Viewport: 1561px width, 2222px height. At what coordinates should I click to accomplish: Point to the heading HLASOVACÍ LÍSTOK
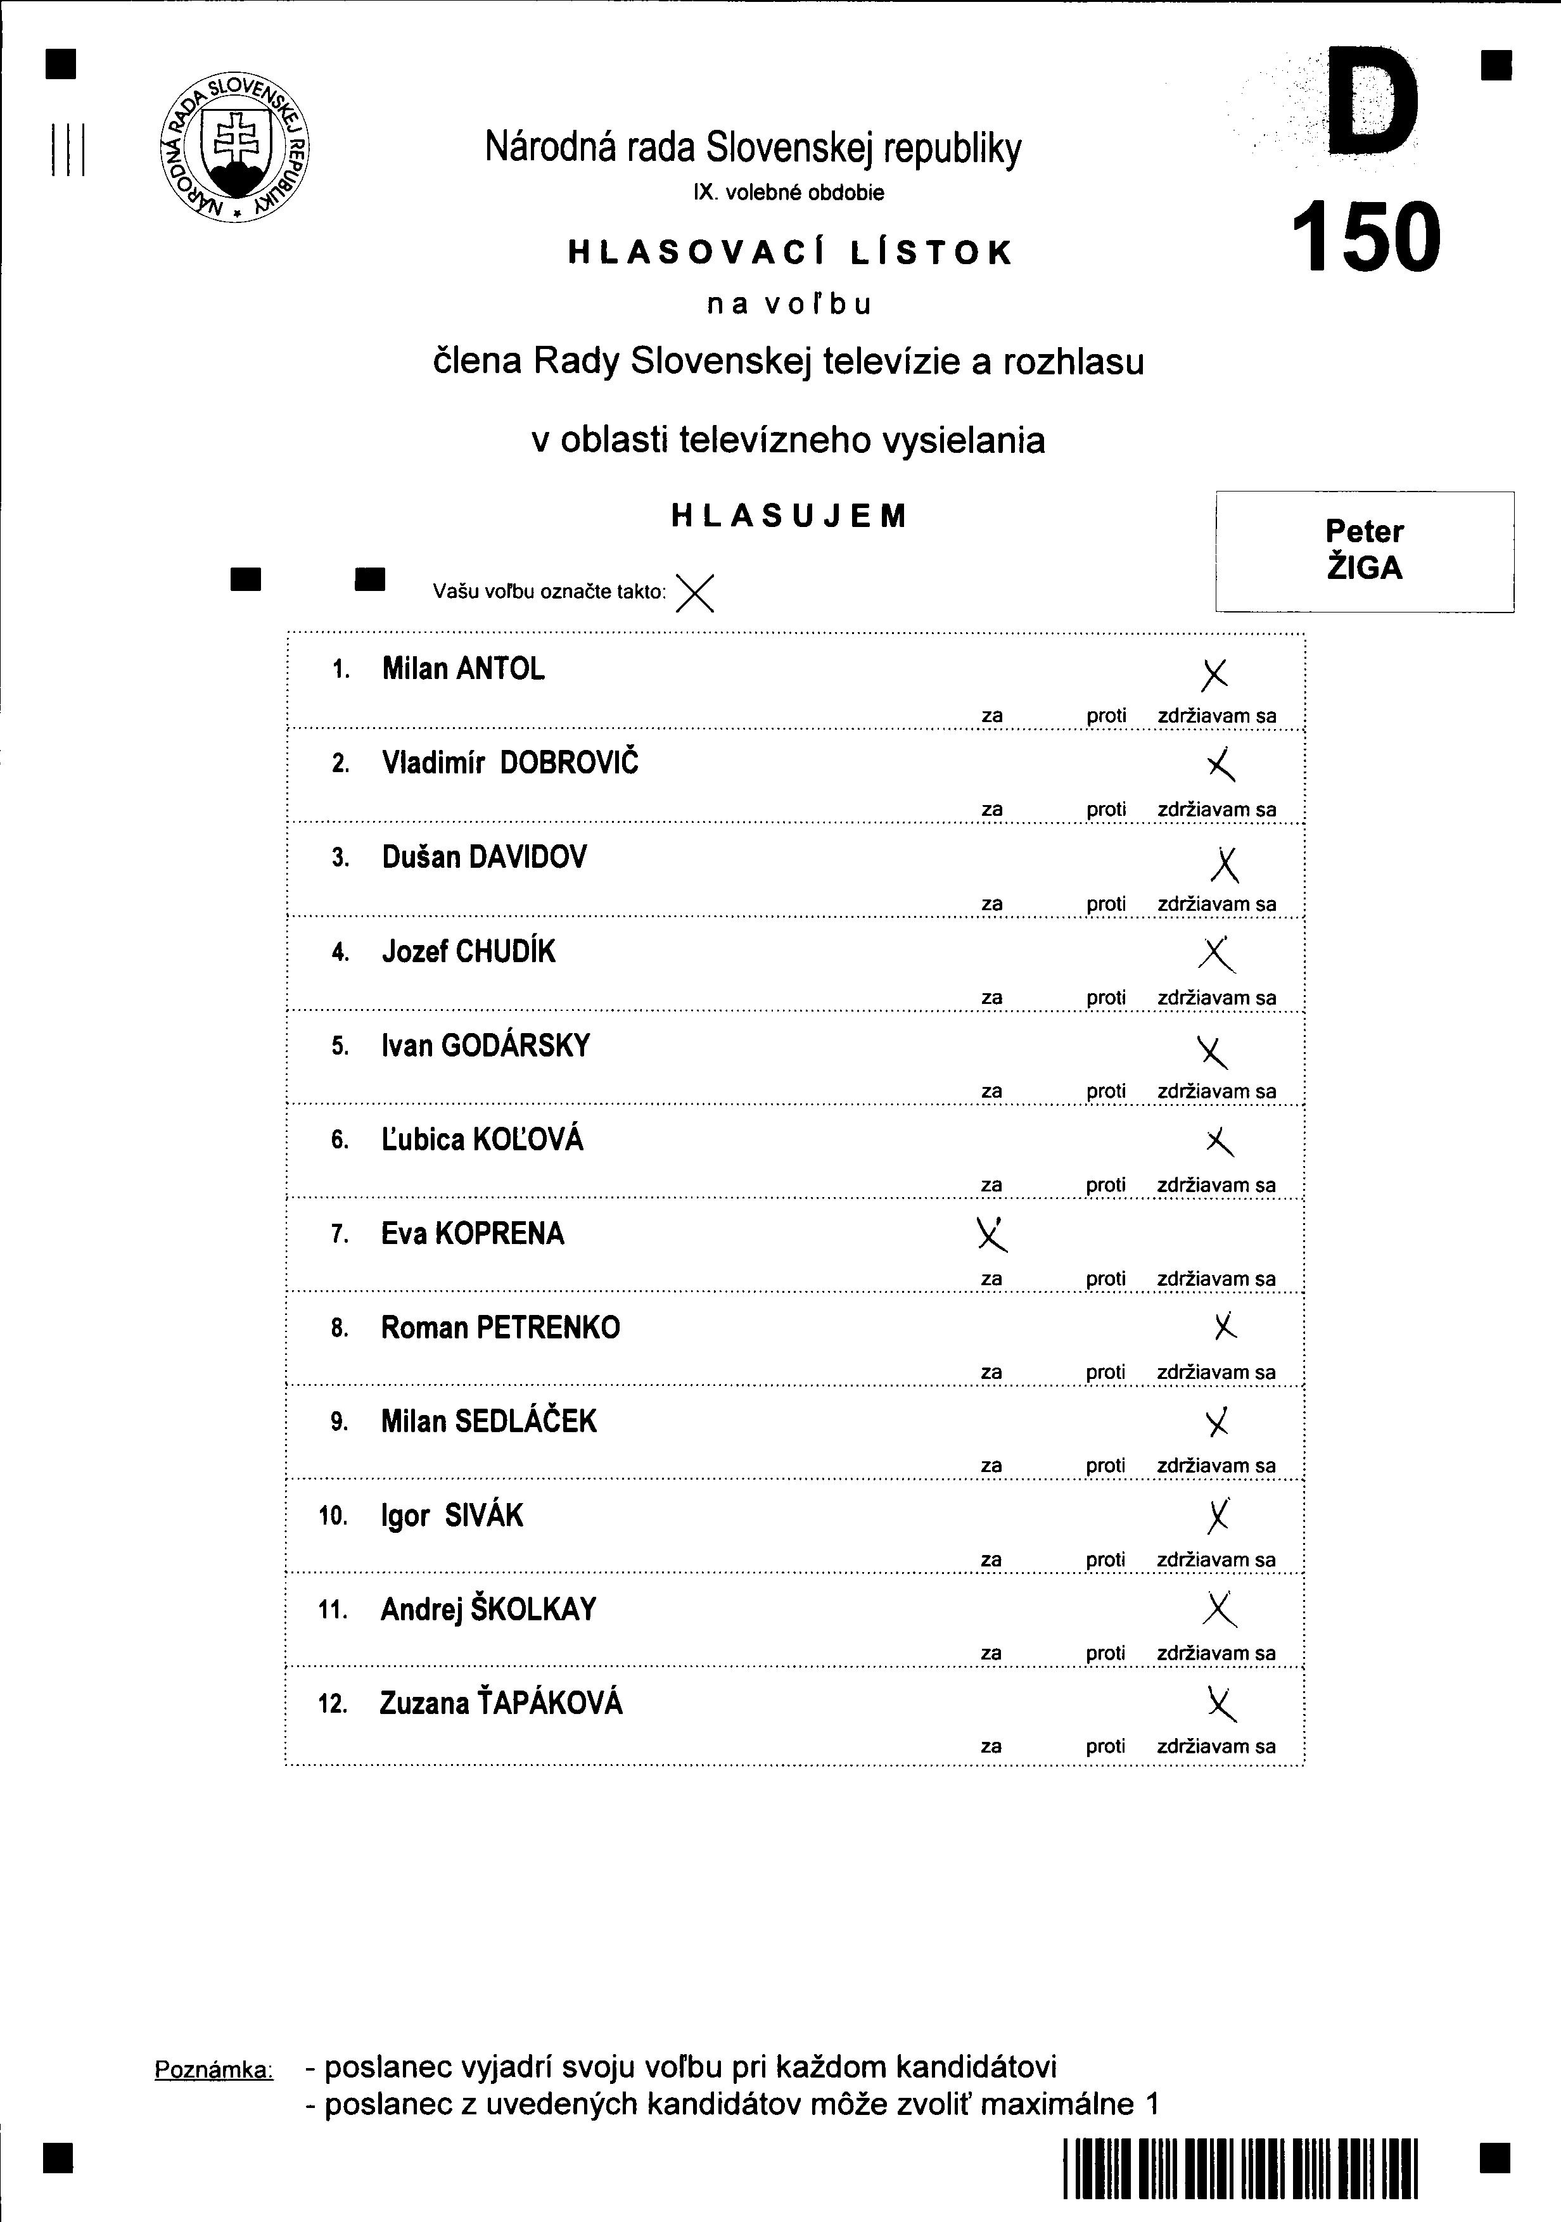[x=790, y=253]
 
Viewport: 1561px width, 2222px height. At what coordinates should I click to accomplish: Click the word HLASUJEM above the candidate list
[x=790, y=516]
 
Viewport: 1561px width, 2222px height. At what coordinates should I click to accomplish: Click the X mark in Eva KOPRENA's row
[x=991, y=1233]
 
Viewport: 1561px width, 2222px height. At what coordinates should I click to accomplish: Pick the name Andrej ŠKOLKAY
[x=488, y=1609]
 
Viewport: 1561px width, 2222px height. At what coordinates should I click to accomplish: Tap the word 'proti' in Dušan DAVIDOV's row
[x=1106, y=904]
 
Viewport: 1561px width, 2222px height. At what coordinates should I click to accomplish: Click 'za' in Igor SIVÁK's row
[x=991, y=1560]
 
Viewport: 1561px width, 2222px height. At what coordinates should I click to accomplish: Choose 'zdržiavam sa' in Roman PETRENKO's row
[x=1216, y=1373]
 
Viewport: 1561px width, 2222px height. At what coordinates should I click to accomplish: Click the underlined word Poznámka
[x=214, y=2070]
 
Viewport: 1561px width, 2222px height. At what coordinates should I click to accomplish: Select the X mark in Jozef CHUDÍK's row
[x=1216, y=954]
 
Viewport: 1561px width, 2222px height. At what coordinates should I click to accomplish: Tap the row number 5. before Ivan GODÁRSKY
[x=340, y=1046]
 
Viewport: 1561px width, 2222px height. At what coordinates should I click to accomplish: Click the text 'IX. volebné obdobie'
[x=787, y=193]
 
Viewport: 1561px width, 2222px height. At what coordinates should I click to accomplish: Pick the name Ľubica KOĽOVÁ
[x=482, y=1139]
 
